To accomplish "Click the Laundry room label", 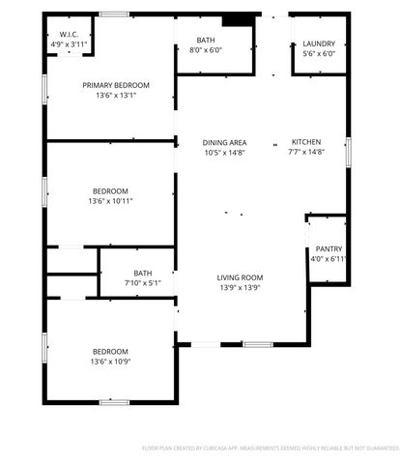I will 318,44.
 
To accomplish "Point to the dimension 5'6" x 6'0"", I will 318,55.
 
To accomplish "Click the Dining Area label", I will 224,142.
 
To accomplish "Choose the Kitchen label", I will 306,142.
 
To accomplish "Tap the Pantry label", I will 329,248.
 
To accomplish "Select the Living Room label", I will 240,277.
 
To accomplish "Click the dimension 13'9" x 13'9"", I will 240,288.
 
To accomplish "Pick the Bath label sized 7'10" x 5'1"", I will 143,273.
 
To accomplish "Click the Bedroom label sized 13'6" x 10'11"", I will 110,190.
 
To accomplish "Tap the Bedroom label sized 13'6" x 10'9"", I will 110,351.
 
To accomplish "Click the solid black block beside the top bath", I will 235,20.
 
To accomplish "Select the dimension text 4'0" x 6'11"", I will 329,259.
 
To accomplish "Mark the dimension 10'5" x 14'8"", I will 224,153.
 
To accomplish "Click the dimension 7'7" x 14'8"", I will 306,153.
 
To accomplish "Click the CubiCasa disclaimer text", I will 271,449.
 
